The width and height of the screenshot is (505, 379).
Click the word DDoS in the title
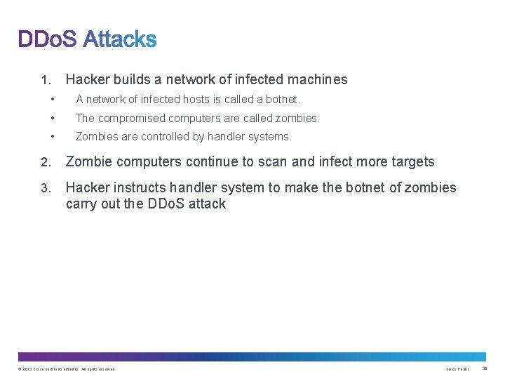[47, 39]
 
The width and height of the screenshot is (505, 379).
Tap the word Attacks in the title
[119, 39]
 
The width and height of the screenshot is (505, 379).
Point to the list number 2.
[45, 162]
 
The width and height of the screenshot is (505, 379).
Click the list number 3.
[45, 188]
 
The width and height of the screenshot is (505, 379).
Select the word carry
[82, 204]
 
